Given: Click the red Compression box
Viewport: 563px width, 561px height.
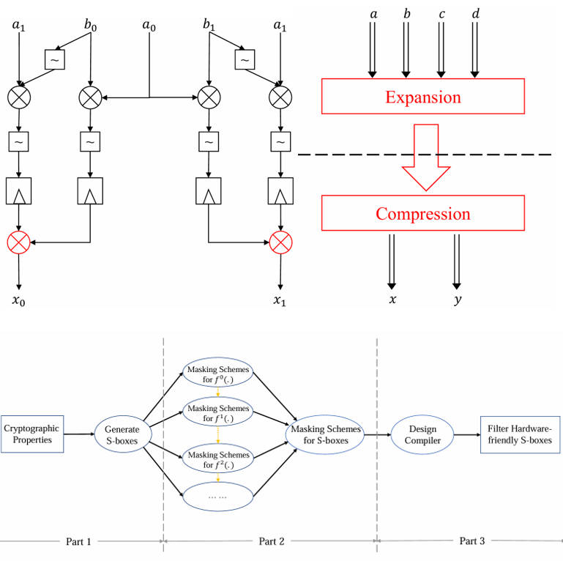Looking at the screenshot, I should (422, 214).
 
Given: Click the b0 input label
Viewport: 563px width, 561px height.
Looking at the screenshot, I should (90, 26).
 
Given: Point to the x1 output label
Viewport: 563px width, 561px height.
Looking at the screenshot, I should (279, 300).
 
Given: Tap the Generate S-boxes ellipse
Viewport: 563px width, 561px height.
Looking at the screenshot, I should (122, 434).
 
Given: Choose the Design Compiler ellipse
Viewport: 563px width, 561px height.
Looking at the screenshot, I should (419, 434).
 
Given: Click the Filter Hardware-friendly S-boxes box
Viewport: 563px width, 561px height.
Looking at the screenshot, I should (516, 434).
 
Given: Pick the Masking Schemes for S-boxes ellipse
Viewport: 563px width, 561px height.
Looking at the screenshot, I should (326, 434).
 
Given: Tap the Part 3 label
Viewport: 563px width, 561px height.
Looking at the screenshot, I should (471, 541).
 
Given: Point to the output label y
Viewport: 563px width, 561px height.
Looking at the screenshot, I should (457, 300).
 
